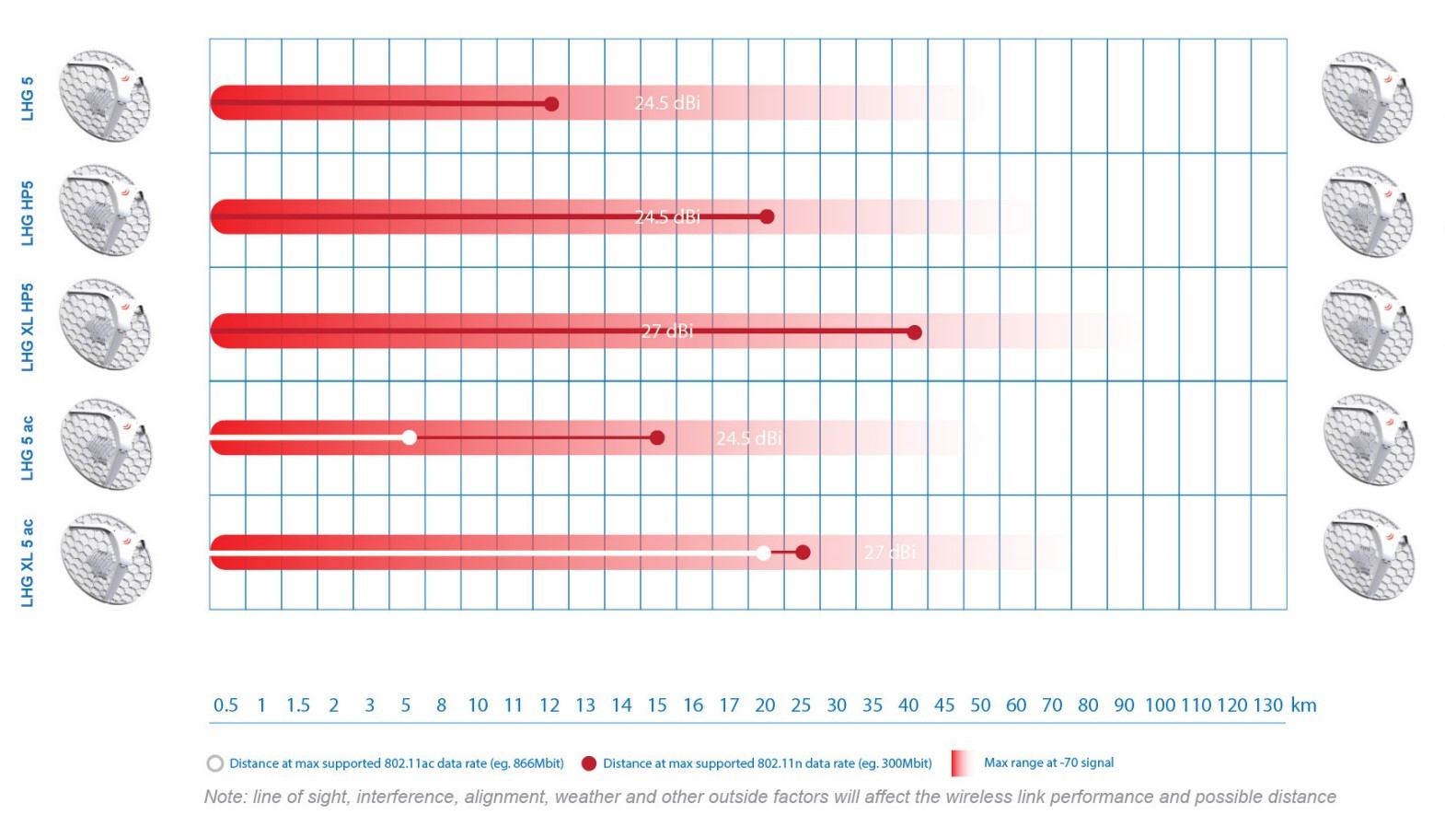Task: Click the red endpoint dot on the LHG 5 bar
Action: point(551,104)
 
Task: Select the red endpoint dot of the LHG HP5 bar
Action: point(767,217)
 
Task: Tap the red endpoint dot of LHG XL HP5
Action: point(914,332)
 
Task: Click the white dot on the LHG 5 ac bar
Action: point(410,437)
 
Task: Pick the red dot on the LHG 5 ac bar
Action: point(657,437)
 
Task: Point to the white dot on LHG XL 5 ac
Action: point(763,553)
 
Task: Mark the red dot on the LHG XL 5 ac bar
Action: point(803,553)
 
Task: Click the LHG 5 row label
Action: point(28,98)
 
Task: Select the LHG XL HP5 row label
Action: point(28,327)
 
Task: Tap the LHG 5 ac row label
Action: point(28,448)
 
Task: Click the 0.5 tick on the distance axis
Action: point(225,705)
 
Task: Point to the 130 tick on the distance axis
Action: point(1267,705)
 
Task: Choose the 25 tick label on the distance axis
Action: point(801,705)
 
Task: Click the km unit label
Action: point(1303,705)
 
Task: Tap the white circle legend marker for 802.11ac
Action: point(215,763)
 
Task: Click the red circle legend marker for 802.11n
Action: point(589,763)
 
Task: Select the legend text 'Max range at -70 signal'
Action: point(1048,763)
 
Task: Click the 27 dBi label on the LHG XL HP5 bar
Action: point(667,332)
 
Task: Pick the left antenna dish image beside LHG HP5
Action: point(104,211)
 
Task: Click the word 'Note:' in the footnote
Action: point(225,797)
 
